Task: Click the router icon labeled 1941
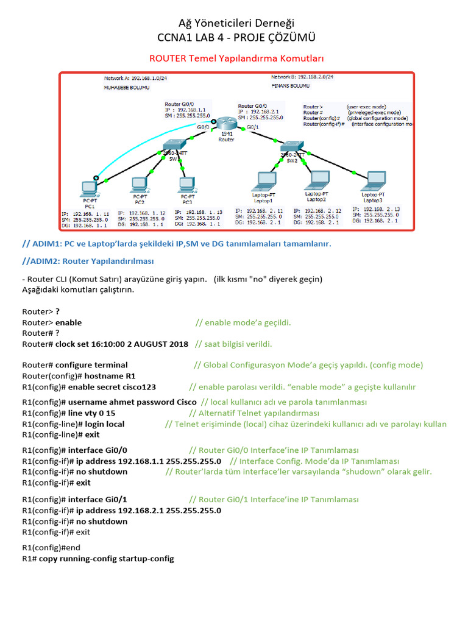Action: tap(226, 124)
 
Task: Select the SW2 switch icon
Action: tap(288, 147)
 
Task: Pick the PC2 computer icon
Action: tap(140, 184)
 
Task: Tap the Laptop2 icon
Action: tap(317, 180)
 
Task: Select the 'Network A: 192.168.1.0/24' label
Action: tap(136, 79)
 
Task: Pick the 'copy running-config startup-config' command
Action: tap(107, 559)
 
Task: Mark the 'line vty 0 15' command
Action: tap(91, 413)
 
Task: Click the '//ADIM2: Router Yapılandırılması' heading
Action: tap(88, 261)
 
